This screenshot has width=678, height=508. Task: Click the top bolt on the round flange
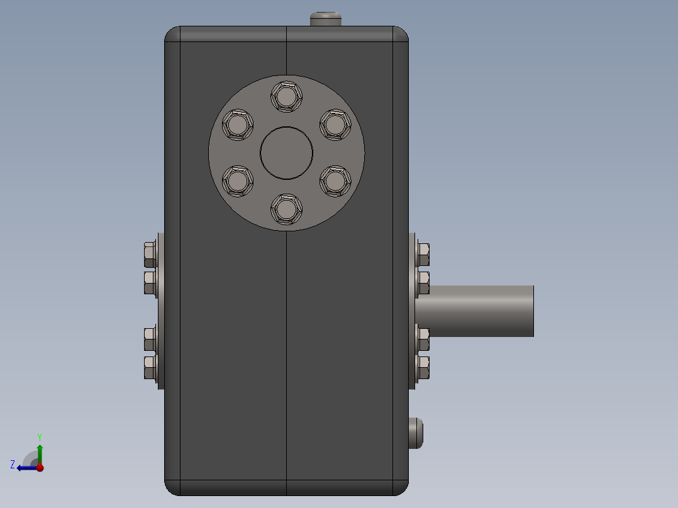click(286, 96)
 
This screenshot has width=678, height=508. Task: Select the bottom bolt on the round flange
click(286, 209)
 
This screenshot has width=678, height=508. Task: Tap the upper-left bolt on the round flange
click(237, 124)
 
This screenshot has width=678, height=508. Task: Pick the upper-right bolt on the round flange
click(335, 124)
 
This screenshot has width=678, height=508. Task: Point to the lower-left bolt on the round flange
click(237, 180)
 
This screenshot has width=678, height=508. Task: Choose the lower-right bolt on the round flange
click(335, 180)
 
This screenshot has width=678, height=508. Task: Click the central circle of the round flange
click(286, 153)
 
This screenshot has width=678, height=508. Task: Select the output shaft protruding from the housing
click(474, 311)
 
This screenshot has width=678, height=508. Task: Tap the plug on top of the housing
click(326, 19)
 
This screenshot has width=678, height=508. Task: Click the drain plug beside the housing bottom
click(416, 433)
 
